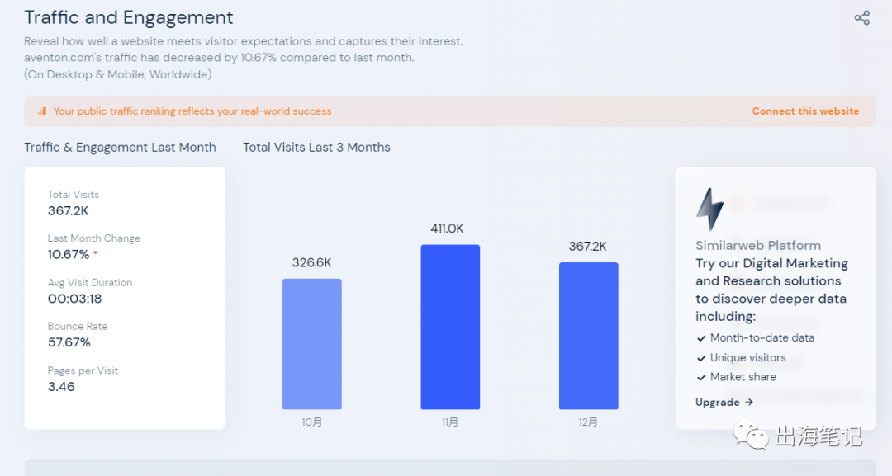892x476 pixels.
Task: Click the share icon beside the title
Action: [x=862, y=18]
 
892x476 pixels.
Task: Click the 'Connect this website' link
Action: [x=805, y=111]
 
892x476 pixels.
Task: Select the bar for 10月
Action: [x=311, y=344]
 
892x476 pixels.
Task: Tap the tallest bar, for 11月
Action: [x=450, y=327]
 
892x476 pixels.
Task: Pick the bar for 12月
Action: [x=588, y=336]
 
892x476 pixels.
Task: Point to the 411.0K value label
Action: [x=447, y=229]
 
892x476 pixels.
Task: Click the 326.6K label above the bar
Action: [x=311, y=262]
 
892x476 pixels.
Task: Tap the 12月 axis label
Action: [x=588, y=422]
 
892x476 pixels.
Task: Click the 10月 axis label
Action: [x=311, y=422]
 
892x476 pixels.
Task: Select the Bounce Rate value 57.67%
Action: [x=69, y=342]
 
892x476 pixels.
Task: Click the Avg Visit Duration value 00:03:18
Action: [x=74, y=299]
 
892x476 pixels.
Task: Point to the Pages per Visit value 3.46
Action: [x=61, y=386]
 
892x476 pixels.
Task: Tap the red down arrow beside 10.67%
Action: [x=96, y=253]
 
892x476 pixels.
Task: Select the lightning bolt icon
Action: [x=709, y=210]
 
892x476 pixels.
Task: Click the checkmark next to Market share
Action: [x=701, y=377]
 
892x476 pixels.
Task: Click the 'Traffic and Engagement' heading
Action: [x=129, y=17]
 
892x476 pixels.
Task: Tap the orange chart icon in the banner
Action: [x=42, y=111]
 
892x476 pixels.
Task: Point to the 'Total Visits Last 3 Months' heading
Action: [x=316, y=148]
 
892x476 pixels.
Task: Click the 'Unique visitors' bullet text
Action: [x=747, y=358]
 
